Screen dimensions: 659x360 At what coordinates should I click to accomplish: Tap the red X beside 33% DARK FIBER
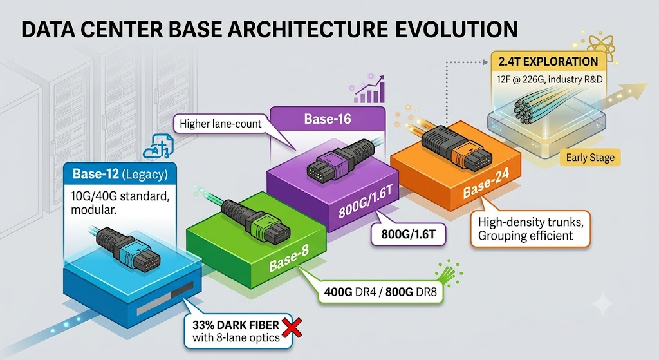[x=292, y=327]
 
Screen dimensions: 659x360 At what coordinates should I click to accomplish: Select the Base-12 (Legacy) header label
[x=120, y=174]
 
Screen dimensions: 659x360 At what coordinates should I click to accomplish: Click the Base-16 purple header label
[x=328, y=119]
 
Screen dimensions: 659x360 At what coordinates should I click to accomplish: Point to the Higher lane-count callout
[x=220, y=124]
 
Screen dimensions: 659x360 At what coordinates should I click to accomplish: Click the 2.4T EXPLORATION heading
[x=548, y=61]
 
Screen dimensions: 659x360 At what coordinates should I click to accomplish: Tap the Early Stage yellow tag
[x=590, y=158]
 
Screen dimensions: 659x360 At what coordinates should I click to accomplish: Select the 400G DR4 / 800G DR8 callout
[x=380, y=292]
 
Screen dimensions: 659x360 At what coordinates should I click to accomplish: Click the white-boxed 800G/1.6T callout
[x=407, y=234]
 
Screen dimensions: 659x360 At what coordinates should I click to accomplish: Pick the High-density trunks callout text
[x=530, y=229]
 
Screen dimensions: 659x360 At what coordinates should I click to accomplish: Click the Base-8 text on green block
[x=289, y=258]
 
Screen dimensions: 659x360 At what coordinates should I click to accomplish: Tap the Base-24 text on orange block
[x=486, y=183]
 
